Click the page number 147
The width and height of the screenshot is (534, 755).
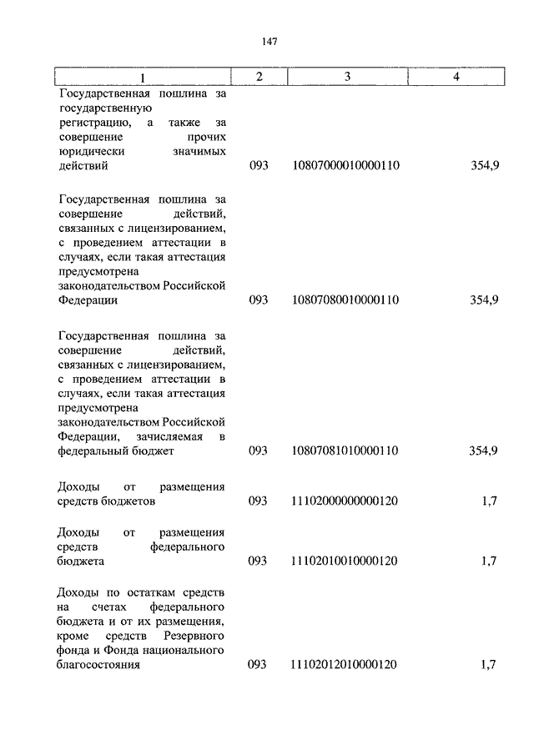269,42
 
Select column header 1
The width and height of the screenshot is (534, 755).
142,78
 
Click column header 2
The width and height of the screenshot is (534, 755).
259,77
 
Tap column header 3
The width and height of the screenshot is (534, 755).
345,77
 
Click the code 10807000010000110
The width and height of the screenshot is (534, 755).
345,165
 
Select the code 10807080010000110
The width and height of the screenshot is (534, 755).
345,300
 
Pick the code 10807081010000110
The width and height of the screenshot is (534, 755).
345,450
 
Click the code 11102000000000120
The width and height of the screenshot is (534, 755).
345,501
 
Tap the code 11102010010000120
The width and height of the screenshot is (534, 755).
345,561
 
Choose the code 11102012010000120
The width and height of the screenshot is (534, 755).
345,665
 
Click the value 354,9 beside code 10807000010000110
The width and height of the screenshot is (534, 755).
483,165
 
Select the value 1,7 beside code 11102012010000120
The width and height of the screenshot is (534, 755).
489,665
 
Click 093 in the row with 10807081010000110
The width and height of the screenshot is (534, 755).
259,450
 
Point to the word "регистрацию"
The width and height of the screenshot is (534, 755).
92,122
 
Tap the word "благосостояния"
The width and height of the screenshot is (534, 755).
99,665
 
